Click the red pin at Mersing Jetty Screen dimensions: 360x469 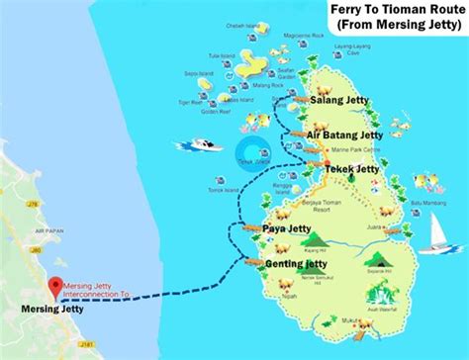(52, 287)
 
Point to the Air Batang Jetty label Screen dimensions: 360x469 (345, 135)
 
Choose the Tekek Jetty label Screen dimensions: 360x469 (352, 169)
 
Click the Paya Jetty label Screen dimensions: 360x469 (287, 228)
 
